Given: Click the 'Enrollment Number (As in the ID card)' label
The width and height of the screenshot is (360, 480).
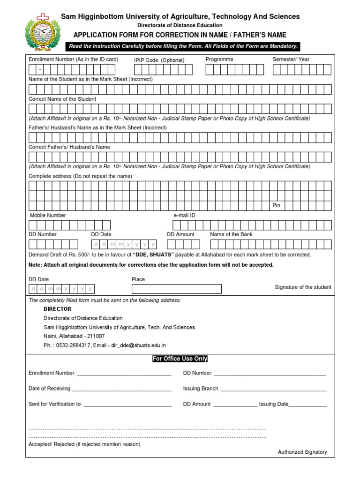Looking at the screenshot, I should point(73,60).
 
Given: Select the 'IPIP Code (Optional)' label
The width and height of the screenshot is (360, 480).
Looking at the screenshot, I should point(159,60).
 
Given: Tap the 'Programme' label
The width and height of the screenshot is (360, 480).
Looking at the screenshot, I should point(219,60).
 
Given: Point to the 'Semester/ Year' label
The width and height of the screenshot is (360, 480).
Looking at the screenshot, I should point(291,60).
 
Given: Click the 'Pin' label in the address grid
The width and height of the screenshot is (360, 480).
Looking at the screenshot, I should point(277,205).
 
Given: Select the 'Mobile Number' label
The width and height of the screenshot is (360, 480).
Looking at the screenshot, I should point(48,215).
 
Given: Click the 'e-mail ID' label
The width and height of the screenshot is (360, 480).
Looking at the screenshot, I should point(184,215).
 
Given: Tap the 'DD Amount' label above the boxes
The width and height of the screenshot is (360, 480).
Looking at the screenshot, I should point(180,234).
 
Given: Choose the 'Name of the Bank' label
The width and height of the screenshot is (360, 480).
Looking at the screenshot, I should point(231,234).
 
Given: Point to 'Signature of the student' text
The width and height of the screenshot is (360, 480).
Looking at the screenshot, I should point(303,287).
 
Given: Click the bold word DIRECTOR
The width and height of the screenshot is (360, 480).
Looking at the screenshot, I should point(58,309).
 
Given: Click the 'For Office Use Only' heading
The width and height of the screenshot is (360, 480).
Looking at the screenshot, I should point(180,359).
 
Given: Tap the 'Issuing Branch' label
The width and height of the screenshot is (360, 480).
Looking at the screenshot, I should point(201,389).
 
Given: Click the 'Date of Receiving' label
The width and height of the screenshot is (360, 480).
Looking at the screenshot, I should point(49,389).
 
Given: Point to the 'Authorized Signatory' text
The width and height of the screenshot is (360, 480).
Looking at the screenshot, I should point(302,452).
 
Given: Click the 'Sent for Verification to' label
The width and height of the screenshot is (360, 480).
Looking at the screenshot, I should point(54,404).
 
